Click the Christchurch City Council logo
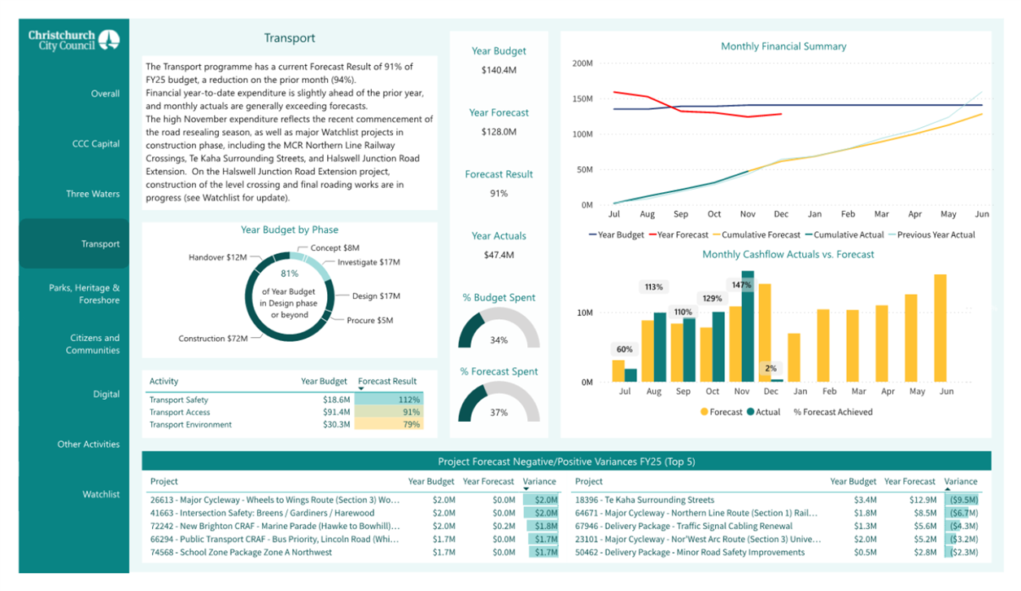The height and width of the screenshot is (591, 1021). (x=74, y=40)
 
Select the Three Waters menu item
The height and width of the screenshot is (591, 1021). (x=93, y=194)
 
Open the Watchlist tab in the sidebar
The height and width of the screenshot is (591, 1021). (x=101, y=494)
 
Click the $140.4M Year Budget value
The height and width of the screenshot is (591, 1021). (x=499, y=70)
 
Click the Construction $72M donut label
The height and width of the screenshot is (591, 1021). (x=213, y=339)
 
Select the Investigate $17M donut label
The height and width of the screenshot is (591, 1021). (x=369, y=262)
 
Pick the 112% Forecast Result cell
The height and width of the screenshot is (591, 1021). (x=389, y=400)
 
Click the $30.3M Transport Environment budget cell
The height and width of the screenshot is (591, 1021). (x=336, y=425)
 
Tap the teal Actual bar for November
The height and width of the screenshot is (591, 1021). (x=748, y=326)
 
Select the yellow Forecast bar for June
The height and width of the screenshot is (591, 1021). (x=940, y=328)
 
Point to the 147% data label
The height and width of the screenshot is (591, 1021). (x=742, y=285)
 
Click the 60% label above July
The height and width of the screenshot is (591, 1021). (x=625, y=349)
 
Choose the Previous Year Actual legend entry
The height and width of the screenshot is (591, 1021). (x=932, y=234)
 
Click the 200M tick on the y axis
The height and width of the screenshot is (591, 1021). (x=582, y=63)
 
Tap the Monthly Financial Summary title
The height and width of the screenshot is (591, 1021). (x=783, y=46)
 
